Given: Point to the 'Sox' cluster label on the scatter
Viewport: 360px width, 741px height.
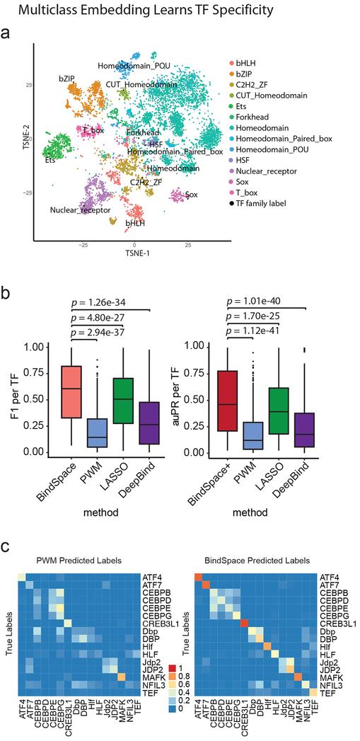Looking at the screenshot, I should (191, 193).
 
